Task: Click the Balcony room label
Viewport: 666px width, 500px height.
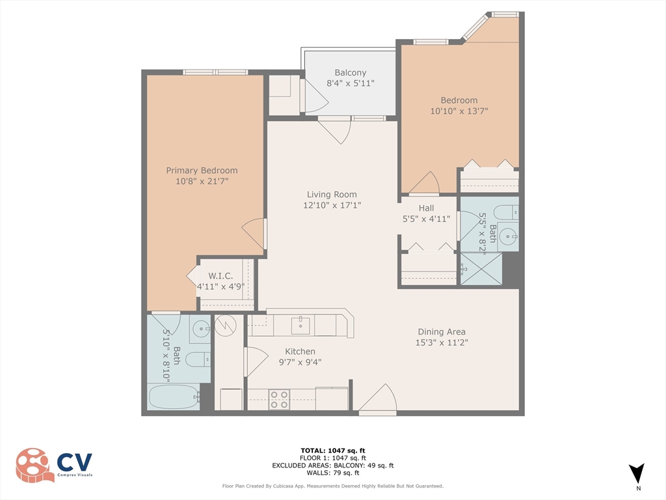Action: point(350,73)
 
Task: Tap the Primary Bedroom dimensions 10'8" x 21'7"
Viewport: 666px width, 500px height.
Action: point(202,182)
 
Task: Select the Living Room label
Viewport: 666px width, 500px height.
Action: point(332,194)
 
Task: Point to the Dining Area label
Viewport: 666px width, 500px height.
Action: point(442,331)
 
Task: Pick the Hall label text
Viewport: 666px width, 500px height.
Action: point(426,208)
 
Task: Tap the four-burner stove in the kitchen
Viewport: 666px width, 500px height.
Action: point(279,399)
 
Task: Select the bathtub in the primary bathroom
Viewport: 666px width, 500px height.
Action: point(172,397)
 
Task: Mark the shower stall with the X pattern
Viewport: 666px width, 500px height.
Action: point(481,268)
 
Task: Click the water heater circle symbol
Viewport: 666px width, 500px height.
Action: point(224,324)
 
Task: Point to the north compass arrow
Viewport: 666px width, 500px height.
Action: point(637,473)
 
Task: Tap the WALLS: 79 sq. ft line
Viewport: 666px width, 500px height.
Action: point(332,473)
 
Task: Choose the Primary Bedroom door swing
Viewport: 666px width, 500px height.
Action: point(256,232)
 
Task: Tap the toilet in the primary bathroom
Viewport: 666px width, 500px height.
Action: point(198,359)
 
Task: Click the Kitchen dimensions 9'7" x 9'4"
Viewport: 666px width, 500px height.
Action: point(300,363)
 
